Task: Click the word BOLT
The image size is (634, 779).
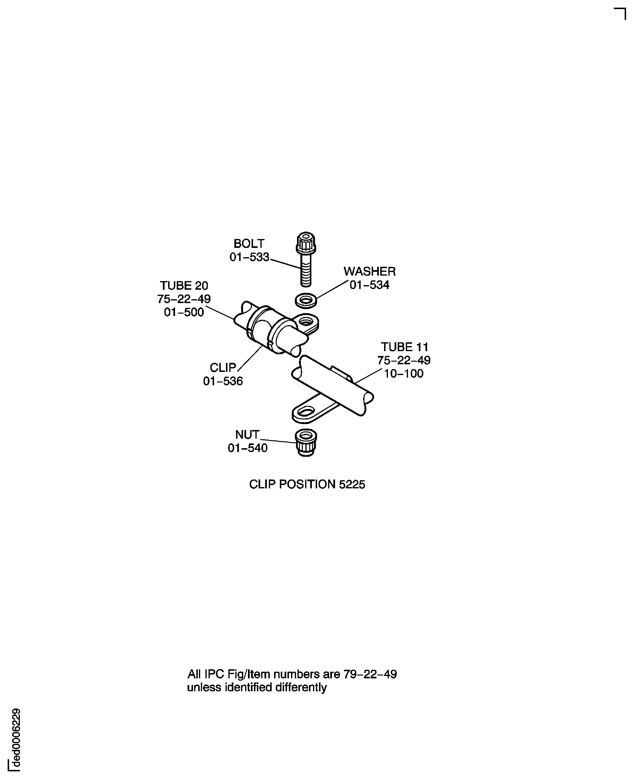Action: pos(249,244)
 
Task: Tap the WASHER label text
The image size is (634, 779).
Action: pos(369,271)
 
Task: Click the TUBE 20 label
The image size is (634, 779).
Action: pos(184,285)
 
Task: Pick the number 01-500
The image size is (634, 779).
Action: pos(184,312)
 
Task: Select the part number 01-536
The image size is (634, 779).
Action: pos(223,381)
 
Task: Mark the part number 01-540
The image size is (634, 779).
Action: pos(248,448)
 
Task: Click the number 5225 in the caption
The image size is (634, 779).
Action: pos(352,485)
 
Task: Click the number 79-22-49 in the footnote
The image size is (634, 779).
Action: pos(370,674)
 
